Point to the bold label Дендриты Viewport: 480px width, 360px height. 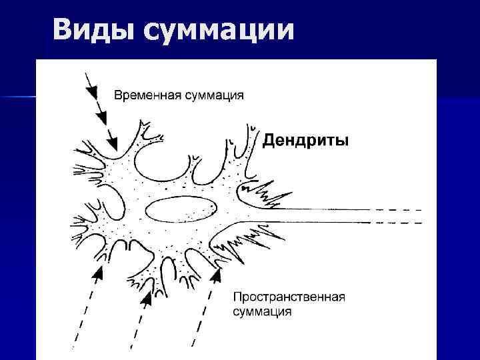pyautogui.click(x=305, y=141)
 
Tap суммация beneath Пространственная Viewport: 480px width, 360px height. pyautogui.click(x=262, y=311)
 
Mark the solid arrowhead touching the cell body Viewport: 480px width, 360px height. pyautogui.click(x=112, y=142)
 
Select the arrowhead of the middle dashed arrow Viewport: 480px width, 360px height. pyautogui.click(x=147, y=297)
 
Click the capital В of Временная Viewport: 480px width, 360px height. pyautogui.click(x=119, y=95)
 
